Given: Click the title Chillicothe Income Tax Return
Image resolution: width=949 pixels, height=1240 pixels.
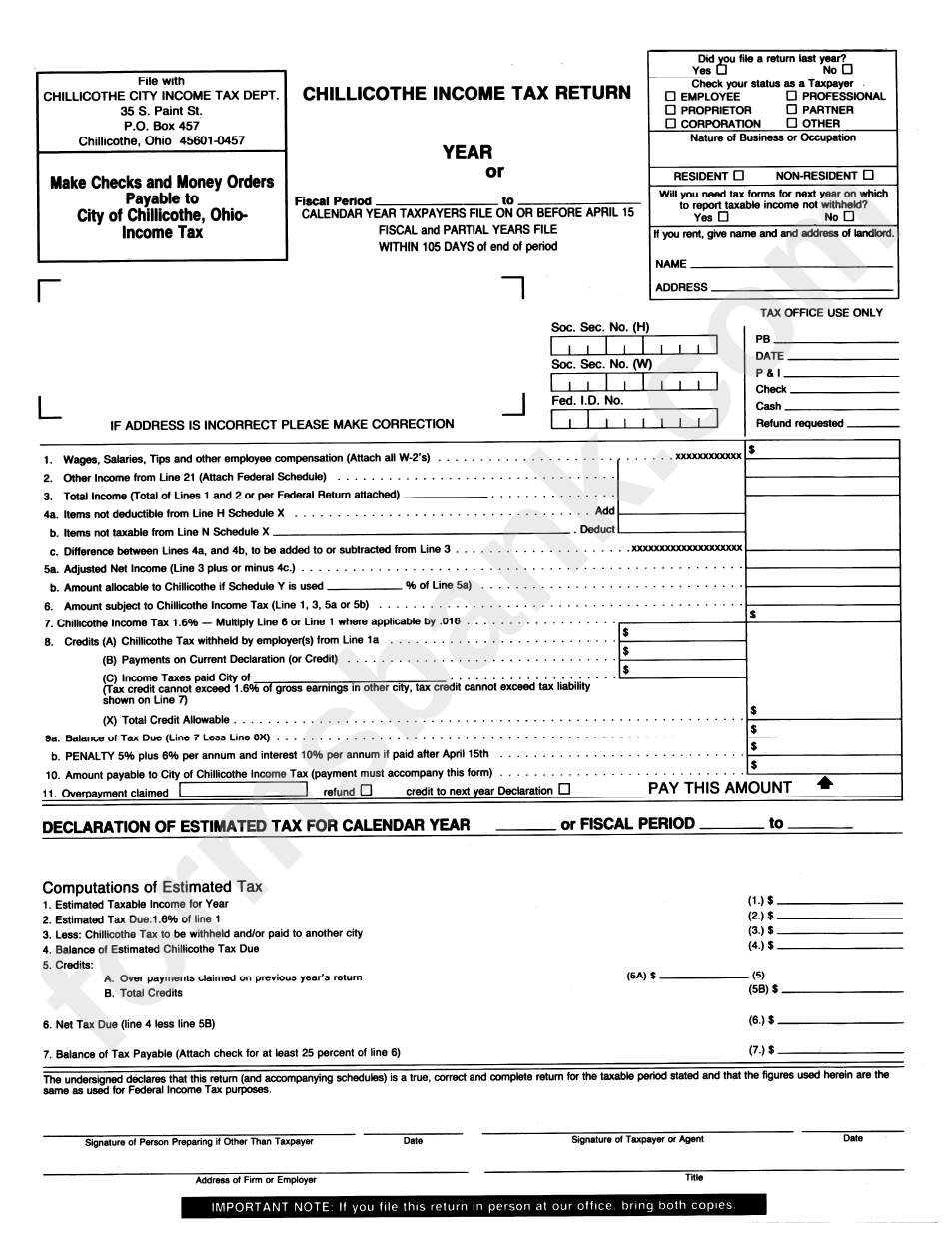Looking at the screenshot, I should point(467,93).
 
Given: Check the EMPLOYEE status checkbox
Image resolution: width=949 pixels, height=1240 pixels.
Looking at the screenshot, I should point(671,97).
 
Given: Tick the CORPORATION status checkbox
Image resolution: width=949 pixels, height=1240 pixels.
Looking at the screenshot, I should point(671,124).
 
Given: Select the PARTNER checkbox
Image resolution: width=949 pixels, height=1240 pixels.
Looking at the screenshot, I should point(792,110).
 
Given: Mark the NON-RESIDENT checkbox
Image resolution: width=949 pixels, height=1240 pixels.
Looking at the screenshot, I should point(868,175).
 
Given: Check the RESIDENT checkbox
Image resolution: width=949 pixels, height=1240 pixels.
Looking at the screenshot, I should point(738,175).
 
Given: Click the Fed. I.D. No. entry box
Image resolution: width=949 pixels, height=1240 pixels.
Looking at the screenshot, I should point(633,420).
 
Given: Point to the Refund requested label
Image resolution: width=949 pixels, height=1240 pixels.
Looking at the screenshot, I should point(799,423).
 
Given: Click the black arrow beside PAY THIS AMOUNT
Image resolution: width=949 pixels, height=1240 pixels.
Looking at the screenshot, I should point(824,785).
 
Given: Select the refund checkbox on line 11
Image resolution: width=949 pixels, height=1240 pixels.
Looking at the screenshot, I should point(366,790).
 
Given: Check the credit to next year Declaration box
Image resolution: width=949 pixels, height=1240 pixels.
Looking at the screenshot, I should point(565,790).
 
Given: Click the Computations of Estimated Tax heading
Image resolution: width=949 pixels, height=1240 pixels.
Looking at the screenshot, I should point(152,887).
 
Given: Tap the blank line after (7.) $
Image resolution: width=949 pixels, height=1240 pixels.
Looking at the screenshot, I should point(845,1051).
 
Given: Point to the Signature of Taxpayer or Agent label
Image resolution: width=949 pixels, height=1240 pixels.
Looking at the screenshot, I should point(637,1140).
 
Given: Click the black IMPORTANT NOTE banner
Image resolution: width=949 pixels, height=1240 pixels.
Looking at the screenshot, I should point(474,1206).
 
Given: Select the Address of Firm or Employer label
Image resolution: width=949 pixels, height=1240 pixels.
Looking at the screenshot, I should point(256,1180).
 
